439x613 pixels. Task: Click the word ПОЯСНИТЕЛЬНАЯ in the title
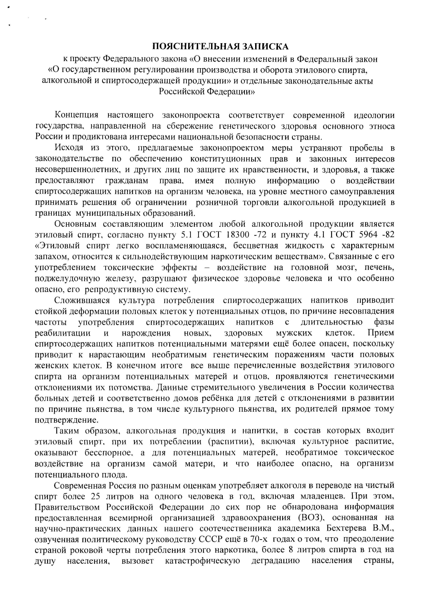coord(195,47)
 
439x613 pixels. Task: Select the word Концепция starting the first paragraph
coord(76,115)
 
